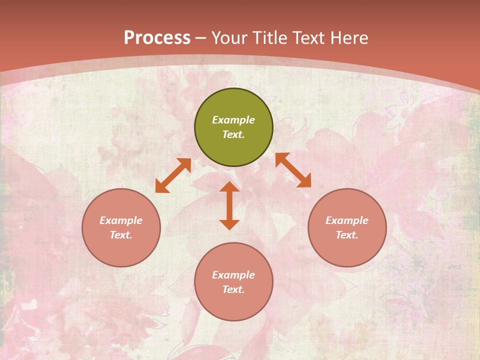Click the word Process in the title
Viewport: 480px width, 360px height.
click(157, 38)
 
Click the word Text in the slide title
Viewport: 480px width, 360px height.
click(309, 38)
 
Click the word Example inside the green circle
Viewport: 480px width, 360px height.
click(233, 120)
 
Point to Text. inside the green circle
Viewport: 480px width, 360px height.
click(233, 134)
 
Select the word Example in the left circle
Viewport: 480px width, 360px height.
click(121, 220)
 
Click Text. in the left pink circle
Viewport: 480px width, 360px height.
click(121, 235)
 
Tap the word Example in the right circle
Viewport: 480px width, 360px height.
click(347, 220)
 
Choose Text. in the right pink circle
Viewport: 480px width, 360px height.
click(347, 235)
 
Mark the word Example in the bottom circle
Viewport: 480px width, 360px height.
click(233, 275)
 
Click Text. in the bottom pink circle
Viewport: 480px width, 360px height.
click(233, 289)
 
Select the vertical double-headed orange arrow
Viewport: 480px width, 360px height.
click(229, 205)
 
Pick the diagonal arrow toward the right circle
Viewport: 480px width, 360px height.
click(293, 170)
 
